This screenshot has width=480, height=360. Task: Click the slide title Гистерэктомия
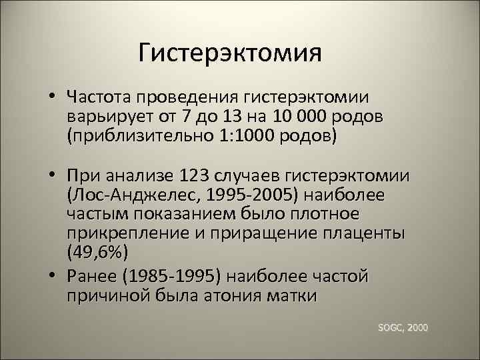tap(230, 53)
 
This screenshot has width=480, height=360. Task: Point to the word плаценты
tap(371, 235)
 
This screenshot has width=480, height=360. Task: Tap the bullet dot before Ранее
tap(51, 275)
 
